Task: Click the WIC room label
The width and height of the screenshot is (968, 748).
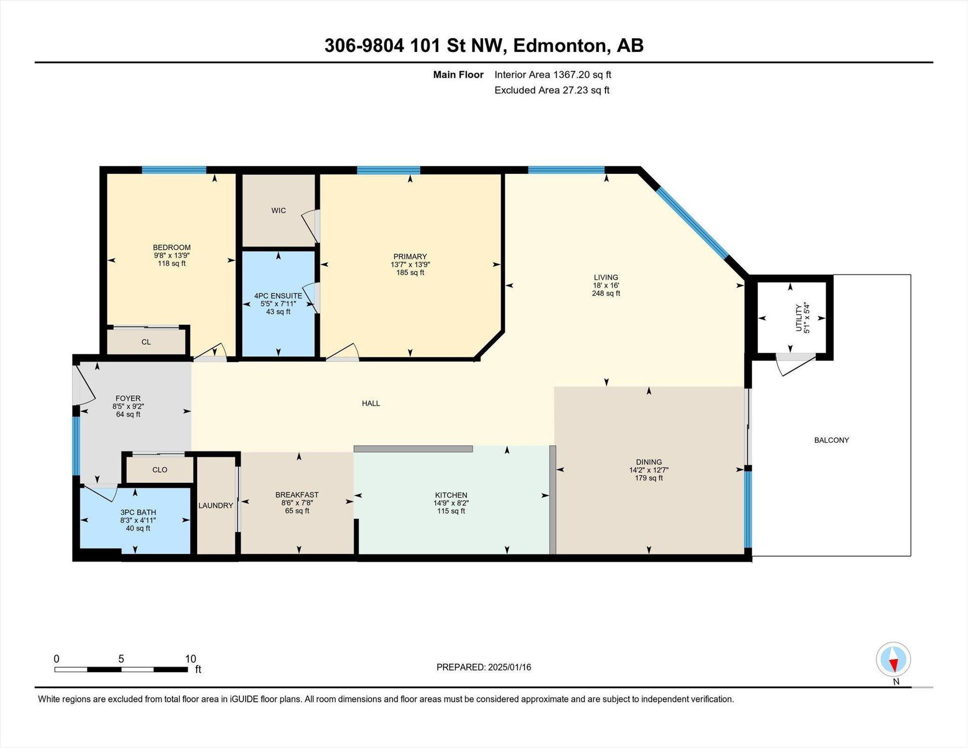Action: tap(278, 211)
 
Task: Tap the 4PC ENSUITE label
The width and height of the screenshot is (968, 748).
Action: tap(278, 296)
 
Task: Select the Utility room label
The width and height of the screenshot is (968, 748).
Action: tap(799, 318)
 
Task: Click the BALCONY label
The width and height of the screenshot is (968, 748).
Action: tap(831, 440)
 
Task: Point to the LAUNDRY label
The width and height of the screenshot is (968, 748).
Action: tap(216, 506)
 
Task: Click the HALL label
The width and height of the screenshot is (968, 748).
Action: tap(371, 403)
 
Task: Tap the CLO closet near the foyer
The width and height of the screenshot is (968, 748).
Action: tap(160, 470)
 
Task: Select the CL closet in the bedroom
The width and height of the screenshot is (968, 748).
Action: tap(146, 342)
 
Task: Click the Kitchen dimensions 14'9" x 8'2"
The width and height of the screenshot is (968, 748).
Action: tap(451, 503)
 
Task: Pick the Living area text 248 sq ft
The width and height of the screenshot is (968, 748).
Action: tap(606, 293)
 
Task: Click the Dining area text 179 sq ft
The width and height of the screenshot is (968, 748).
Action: tap(649, 478)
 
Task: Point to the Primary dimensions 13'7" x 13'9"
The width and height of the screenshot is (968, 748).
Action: tap(410, 265)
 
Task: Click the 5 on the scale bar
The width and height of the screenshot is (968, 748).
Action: tap(121, 659)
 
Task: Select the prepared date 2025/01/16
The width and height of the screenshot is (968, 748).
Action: tap(510, 667)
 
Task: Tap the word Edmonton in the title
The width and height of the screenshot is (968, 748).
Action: tap(559, 46)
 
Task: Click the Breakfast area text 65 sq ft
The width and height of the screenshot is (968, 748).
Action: tap(297, 511)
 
